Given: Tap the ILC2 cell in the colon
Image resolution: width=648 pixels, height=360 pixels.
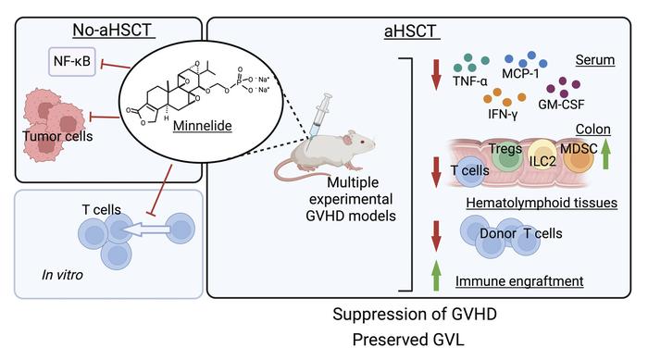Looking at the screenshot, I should tap(530, 159).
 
